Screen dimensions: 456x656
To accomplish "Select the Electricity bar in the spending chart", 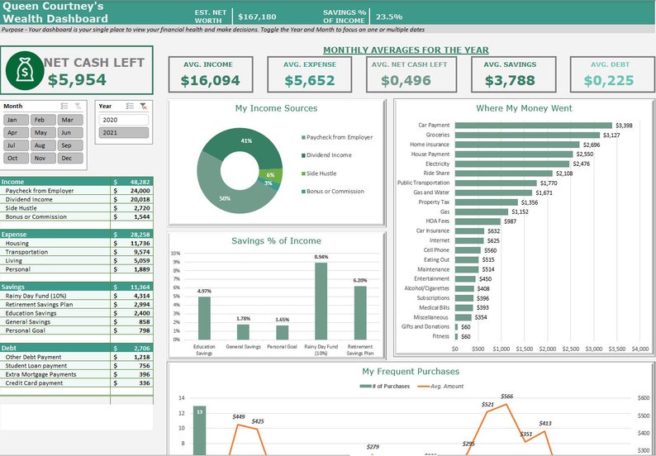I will (x=512, y=164).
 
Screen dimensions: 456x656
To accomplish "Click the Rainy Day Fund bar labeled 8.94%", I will (x=321, y=301).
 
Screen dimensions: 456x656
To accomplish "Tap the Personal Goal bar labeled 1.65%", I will (x=282, y=332).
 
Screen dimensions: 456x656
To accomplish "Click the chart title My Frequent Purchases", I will (x=411, y=372).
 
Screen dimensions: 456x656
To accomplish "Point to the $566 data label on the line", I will (x=506, y=397).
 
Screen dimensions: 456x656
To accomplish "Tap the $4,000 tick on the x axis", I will (x=640, y=349).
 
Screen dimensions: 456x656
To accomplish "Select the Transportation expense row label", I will (x=29, y=252).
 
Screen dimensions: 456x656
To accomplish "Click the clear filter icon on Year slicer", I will (x=144, y=107).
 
